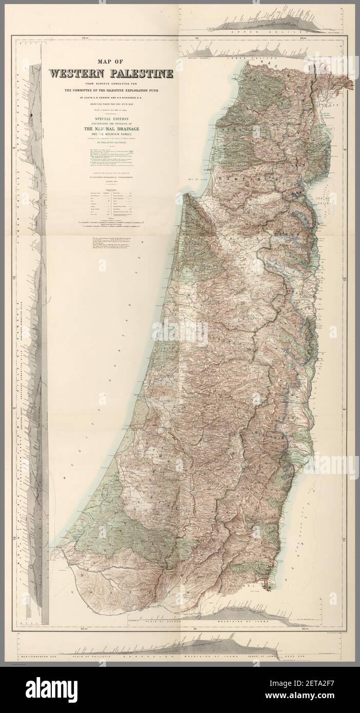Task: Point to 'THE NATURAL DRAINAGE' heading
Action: pos(111,128)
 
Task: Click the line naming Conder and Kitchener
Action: pos(111,96)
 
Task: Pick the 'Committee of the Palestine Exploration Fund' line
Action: pos(111,90)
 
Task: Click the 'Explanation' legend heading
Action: pos(111,189)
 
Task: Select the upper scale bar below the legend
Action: pos(111,222)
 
